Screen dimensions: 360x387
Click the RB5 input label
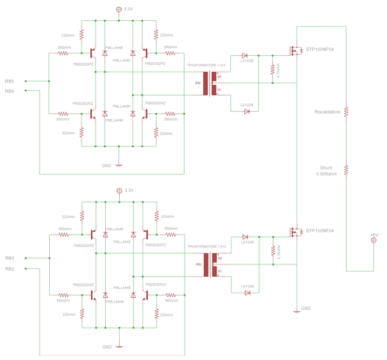10,81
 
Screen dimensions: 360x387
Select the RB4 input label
10,91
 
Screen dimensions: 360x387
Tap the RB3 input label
10,258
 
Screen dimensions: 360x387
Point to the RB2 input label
10,269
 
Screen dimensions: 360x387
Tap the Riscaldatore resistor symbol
347,112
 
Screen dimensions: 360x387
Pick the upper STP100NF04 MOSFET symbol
294,52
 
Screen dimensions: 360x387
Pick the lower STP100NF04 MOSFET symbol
294,231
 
